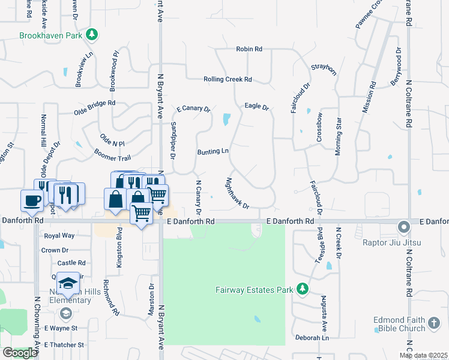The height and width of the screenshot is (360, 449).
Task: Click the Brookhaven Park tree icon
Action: pos(92,35)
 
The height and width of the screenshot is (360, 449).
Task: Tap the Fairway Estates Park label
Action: pos(255,290)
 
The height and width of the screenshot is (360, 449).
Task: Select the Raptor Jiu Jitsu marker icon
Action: pos(404,227)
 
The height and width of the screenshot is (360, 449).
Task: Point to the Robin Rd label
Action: pos(249,49)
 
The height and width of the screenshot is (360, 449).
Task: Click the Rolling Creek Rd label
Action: pos(228,79)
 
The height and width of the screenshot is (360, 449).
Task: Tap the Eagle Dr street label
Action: pos(256,106)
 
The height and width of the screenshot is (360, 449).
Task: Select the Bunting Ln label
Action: pos(213,152)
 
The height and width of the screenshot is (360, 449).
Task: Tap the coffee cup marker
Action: pos(31,200)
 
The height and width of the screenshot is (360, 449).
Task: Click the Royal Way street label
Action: pos(59,236)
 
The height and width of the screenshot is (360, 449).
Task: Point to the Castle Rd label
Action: pos(71,263)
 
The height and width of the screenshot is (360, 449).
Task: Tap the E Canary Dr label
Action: pos(193,109)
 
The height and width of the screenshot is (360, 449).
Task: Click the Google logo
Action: pos(19,353)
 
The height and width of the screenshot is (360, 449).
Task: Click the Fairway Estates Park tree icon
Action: pos(303,290)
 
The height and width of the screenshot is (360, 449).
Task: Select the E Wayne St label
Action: pos(61,328)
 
